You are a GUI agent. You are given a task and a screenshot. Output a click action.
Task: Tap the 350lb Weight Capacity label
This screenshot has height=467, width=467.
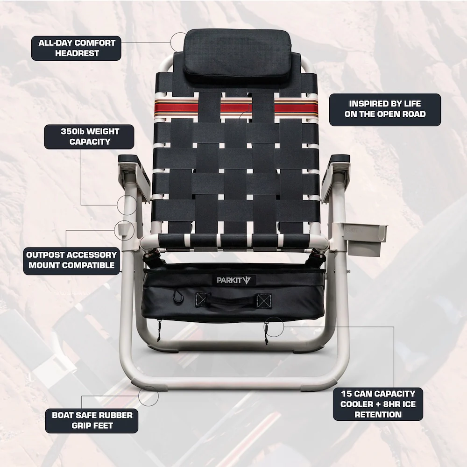pyautogui.click(x=90, y=136)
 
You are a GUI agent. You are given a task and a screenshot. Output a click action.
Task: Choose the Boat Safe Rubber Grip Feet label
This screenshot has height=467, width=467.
pyautogui.click(x=92, y=420)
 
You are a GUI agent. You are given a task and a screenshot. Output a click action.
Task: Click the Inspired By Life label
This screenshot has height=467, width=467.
pyautogui.click(x=385, y=109)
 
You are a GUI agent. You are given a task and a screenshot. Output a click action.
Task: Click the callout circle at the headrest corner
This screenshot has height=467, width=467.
pyautogui.click(x=179, y=42)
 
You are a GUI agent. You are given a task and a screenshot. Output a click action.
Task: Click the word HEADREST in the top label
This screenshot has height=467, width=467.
pyautogui.click(x=77, y=53)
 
